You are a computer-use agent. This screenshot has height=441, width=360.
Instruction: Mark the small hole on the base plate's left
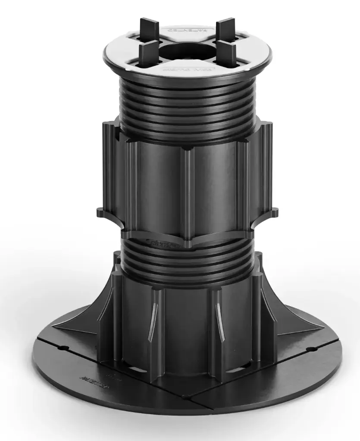tap(63, 348)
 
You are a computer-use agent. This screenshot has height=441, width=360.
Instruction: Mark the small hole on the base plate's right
tap(309, 347)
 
